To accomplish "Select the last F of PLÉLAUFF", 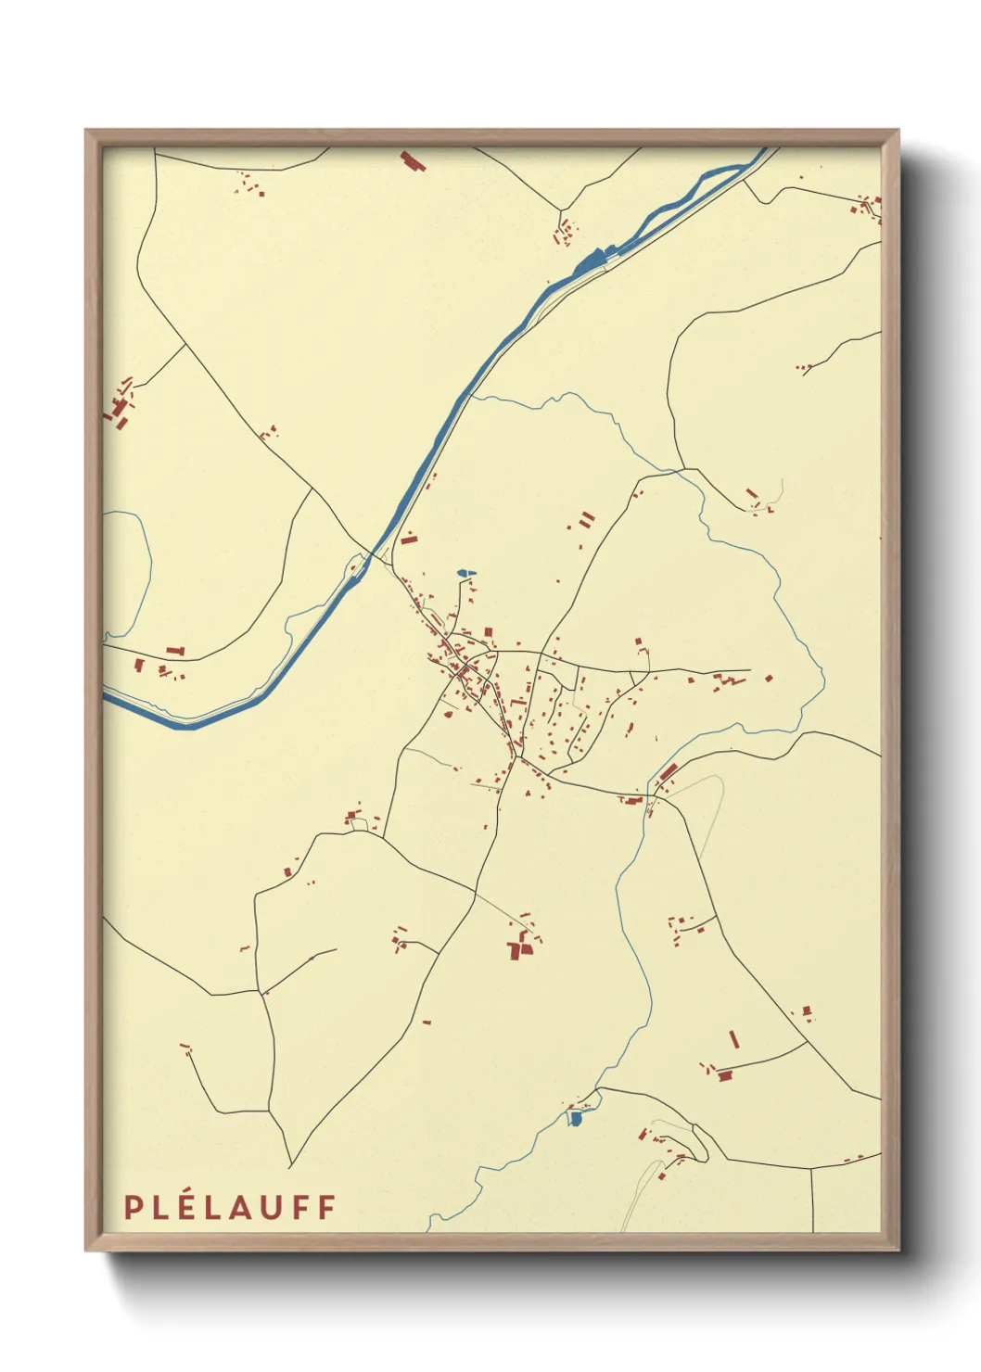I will (326, 1207).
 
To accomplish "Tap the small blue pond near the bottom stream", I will (576, 1120).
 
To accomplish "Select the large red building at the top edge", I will (412, 162).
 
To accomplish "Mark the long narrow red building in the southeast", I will (734, 1039).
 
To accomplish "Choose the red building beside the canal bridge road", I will (409, 538).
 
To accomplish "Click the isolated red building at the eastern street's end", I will (769, 679).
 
